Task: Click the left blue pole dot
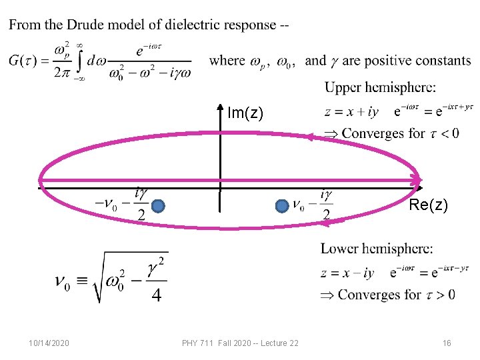158,207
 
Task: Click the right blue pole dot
282,207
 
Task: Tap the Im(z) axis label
245,113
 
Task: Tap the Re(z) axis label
427,205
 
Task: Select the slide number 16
447,343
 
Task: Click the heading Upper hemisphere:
381,87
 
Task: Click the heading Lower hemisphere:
376,249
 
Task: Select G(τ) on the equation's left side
23,61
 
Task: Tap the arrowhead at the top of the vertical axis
221,107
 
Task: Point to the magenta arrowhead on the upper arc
309,137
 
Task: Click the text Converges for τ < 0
399,133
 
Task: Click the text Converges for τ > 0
396,295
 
